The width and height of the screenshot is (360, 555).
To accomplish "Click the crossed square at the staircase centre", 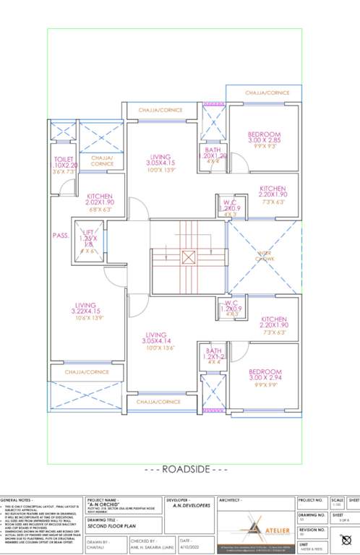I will [189, 256].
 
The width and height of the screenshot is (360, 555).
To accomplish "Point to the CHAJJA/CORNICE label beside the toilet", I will [102, 160].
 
